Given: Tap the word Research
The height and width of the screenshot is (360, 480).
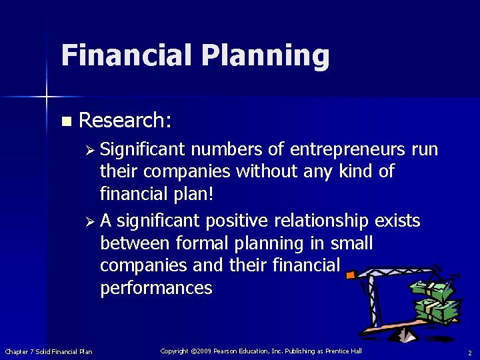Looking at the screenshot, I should (124, 120).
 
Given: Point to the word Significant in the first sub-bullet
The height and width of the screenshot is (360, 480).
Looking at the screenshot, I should (145, 148).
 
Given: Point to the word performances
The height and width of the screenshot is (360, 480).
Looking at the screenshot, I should (156, 289).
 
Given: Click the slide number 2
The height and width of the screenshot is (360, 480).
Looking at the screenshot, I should (469, 352).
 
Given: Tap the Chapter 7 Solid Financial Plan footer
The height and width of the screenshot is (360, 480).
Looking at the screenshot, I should (49, 351).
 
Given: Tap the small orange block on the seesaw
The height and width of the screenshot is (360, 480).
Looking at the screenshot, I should (351, 274).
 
